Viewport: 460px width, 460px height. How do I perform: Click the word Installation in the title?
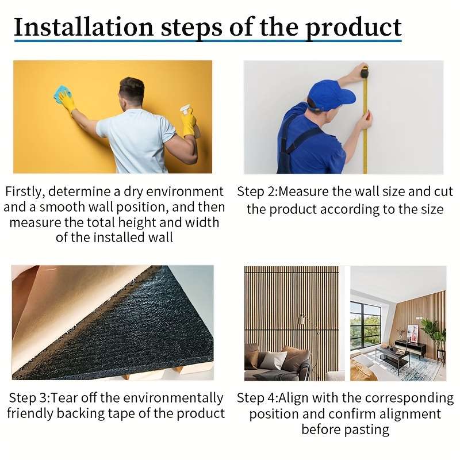[84, 27]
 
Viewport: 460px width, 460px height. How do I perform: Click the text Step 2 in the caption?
[256, 191]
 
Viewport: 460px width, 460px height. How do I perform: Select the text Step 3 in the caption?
[28, 398]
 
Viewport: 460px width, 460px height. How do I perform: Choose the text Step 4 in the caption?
[256, 398]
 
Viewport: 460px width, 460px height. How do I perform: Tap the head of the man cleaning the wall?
[132, 91]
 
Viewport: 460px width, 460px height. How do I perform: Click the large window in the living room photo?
[366, 325]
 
